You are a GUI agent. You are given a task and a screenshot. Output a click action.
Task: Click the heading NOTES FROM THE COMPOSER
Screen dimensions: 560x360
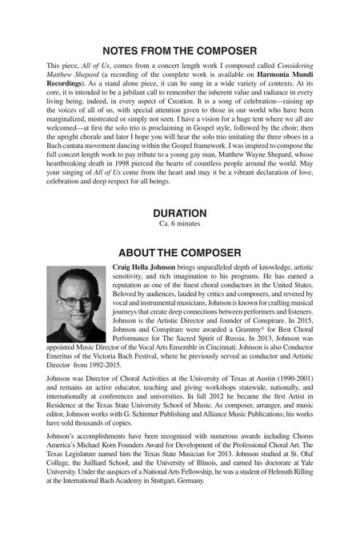pos(179,50)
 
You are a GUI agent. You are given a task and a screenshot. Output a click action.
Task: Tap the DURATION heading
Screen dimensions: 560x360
pos(179,213)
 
